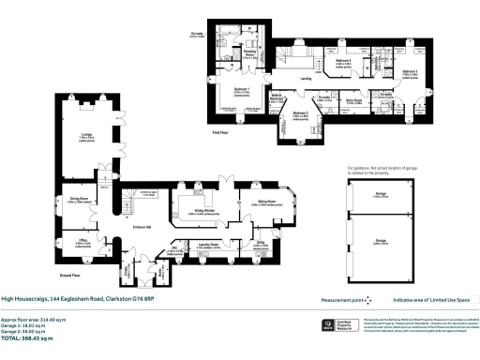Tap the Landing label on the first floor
tap(306, 79)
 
